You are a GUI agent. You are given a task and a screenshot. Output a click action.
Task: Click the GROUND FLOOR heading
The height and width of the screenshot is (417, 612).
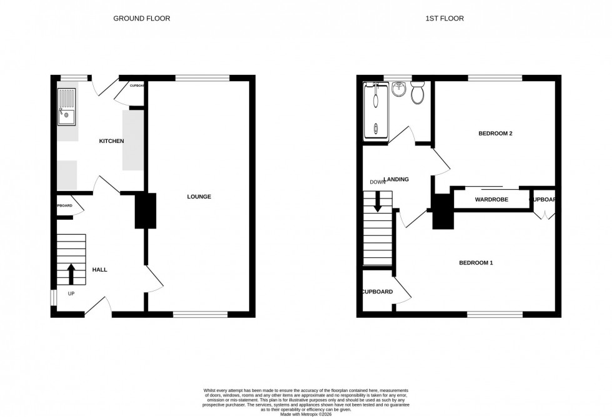tap(141, 19)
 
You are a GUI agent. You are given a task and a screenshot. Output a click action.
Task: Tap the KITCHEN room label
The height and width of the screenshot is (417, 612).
tap(112, 141)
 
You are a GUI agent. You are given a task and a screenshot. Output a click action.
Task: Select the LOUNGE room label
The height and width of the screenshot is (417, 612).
tap(199, 197)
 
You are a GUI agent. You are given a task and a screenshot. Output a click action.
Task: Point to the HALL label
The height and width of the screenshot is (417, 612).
tap(99, 270)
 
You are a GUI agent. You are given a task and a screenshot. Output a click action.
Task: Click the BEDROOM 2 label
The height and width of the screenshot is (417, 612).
tap(495, 134)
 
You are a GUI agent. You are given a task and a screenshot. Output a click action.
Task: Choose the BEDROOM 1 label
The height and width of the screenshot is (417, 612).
tap(476, 263)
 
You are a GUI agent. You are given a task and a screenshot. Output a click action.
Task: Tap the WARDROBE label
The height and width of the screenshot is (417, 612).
tap(491, 200)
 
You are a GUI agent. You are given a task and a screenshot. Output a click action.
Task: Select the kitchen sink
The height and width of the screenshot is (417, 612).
tap(66, 107)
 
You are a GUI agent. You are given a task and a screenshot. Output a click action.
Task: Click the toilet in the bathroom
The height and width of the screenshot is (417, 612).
tap(418, 94)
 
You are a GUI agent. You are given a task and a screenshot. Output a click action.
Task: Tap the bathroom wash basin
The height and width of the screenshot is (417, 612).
tap(398, 91)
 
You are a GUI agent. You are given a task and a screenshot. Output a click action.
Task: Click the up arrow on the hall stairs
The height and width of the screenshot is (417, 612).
tap(71, 273)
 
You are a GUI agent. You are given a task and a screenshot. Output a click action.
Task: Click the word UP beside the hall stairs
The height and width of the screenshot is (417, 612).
tap(71, 293)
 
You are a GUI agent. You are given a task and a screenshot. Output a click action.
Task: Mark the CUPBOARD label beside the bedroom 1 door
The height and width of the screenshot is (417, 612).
tap(377, 292)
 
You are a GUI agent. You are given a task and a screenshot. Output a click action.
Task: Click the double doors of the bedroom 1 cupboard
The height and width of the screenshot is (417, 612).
tap(544, 215)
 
